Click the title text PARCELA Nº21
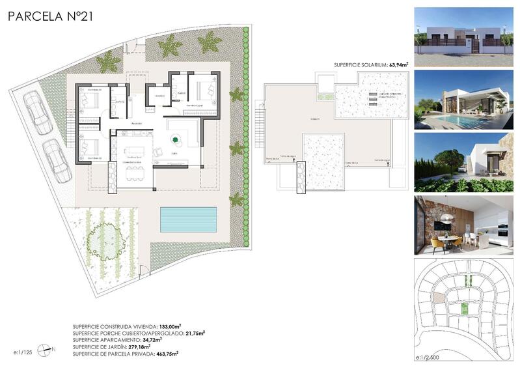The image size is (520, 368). point(51,17)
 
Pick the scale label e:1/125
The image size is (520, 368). point(23,351)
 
